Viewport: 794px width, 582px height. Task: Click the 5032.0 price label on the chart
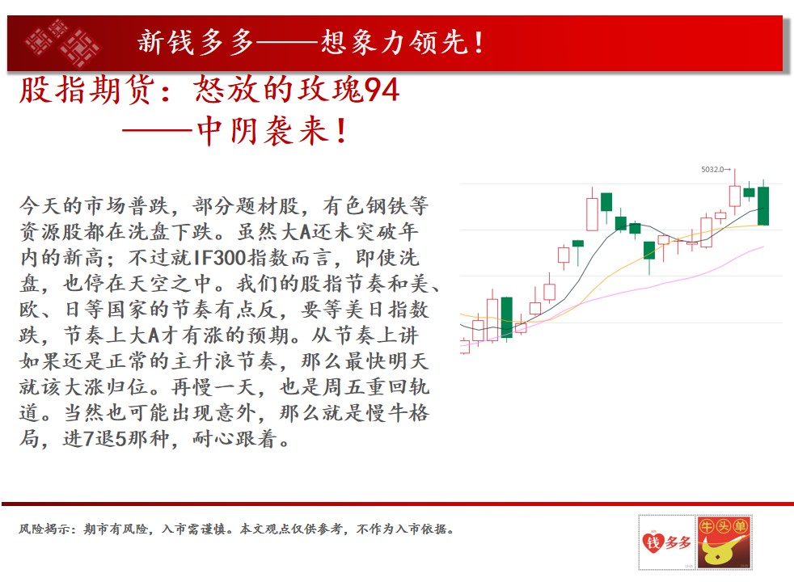pos(713,170)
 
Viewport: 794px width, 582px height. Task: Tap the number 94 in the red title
pos(382,90)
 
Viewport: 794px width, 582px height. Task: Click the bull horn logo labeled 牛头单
pos(724,542)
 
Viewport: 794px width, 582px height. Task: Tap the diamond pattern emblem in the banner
pos(62,44)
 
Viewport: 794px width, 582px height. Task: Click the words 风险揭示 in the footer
pos(44,529)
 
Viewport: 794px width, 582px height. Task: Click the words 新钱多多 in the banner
pos(196,42)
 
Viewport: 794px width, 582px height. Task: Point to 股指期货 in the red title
pos(87,90)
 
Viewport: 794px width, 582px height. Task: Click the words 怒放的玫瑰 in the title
pos(278,90)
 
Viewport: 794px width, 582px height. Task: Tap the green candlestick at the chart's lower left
pos(506,318)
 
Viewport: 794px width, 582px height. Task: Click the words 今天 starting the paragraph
pos(40,206)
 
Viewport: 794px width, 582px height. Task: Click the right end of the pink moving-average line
pos(763,247)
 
